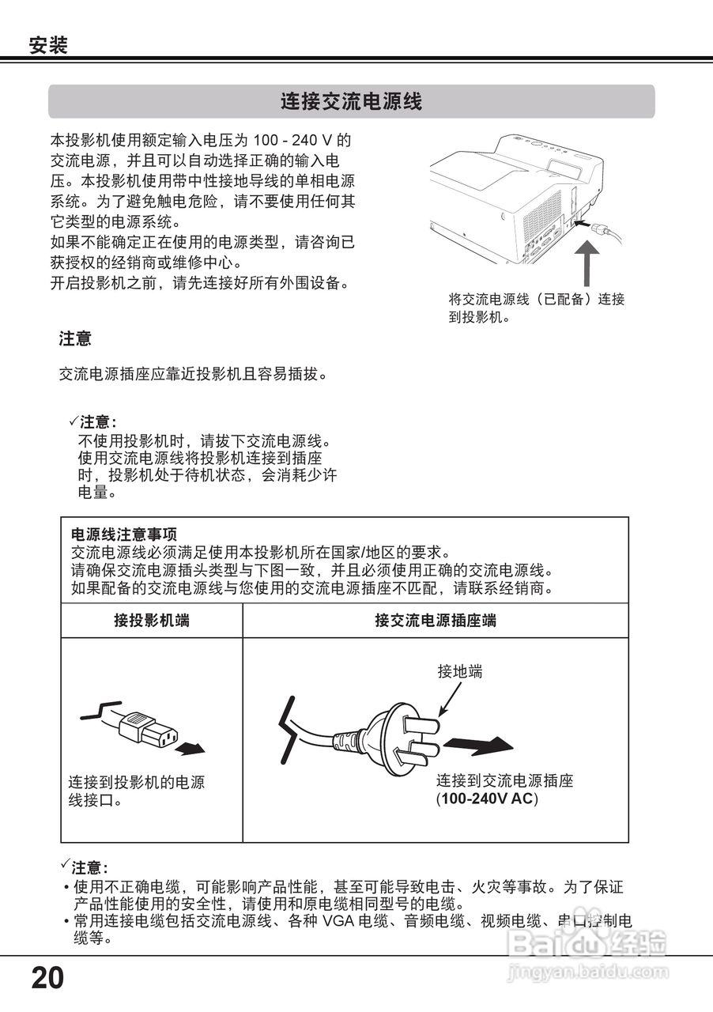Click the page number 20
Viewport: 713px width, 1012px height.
47,979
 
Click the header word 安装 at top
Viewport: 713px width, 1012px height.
48,46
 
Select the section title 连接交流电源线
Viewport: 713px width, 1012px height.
351,101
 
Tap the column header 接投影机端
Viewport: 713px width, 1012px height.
152,621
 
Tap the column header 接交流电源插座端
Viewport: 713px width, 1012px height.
436,621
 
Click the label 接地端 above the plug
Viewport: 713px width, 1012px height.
459,672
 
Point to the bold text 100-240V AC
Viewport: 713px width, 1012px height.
488,799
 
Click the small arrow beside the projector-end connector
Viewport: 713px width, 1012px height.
191,747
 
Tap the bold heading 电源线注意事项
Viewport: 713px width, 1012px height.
118,535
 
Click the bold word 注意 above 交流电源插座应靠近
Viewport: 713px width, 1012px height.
75,339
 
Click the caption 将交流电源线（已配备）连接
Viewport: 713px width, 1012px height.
536,300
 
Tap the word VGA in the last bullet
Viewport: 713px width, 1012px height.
338,921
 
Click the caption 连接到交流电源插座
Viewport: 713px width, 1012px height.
504,781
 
